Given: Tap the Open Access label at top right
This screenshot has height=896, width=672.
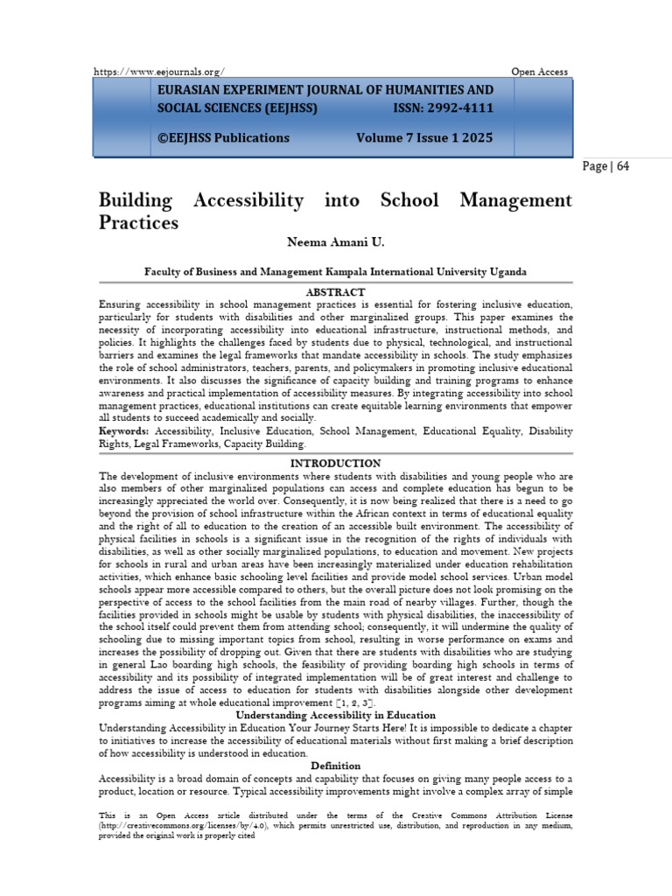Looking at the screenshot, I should coord(539,72).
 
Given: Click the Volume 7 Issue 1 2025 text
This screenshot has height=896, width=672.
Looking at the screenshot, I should coord(424,137).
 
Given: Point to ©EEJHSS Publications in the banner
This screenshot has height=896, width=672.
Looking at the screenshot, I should coord(223,137).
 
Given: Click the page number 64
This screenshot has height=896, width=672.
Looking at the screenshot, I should coord(619,165).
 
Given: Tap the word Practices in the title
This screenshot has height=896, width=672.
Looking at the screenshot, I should coord(139,223).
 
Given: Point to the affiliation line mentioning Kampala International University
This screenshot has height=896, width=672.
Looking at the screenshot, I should coord(335,273).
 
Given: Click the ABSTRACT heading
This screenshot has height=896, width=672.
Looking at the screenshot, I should coord(335,291).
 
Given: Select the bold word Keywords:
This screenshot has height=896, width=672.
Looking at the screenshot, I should coord(123,431).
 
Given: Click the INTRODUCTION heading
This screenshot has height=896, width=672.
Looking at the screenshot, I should coord(335,463).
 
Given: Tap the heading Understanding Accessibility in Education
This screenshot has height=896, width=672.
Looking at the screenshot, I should coord(335,715).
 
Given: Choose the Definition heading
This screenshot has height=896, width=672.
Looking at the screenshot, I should coord(335,766).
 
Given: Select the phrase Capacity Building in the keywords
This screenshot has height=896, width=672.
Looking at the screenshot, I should coord(276,444).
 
